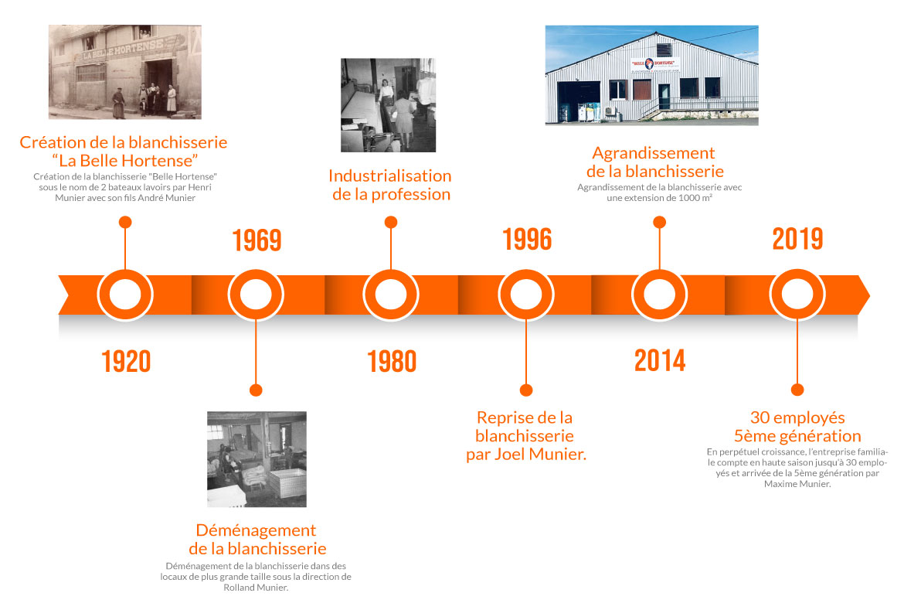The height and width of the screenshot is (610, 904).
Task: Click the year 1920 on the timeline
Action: coord(126,361)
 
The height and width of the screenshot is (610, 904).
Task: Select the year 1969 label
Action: coord(257,240)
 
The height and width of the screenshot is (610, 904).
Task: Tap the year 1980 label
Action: coord(392,361)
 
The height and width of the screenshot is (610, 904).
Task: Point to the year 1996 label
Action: coord(527,239)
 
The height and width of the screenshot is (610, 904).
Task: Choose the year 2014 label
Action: coord(660,361)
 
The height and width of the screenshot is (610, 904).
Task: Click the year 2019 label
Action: coord(798,238)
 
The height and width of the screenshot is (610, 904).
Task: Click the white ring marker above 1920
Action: coord(125,295)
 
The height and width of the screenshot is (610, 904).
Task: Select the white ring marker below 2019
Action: coord(797,295)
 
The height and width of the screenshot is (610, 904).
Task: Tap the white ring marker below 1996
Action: coord(526,295)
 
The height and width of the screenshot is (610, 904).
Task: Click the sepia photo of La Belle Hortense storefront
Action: coord(125,72)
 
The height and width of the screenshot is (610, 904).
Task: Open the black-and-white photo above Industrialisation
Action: coord(388,105)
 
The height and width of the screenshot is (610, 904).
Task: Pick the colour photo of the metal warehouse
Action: coord(651,75)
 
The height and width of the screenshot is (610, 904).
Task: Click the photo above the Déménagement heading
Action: coord(257,459)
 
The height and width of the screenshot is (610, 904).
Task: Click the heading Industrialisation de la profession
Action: coord(390,185)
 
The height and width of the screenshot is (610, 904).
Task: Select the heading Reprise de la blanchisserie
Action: coord(526,436)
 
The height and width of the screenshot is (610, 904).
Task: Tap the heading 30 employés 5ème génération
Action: coord(797,427)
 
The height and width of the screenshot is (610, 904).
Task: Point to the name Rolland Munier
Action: coord(256,588)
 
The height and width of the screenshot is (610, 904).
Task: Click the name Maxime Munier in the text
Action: coord(797,484)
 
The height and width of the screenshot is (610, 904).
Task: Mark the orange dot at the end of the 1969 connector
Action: coord(256,390)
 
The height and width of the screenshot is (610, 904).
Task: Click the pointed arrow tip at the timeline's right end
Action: coord(868,295)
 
